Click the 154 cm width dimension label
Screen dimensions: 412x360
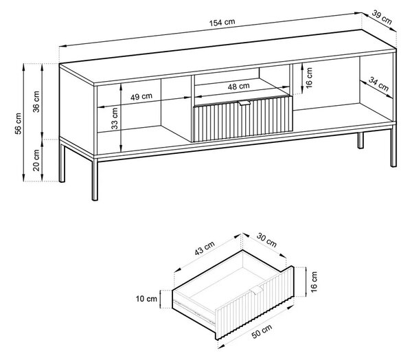coord(222,23)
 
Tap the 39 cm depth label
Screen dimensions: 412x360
coord(382,18)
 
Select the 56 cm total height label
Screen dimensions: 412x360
coord(18,124)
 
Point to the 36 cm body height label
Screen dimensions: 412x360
coord(36,102)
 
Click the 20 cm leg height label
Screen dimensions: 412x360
coord(36,160)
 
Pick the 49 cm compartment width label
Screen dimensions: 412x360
coord(141,96)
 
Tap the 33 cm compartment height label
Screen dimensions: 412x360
coord(115,119)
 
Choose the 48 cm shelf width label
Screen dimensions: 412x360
coord(238,87)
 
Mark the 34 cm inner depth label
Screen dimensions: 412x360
coord(378,84)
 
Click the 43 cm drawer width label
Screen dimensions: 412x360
coord(205,248)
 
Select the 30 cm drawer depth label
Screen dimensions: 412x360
coord(266,240)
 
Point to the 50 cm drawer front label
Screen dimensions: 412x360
coord(262,332)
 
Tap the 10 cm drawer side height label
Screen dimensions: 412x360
coord(146,299)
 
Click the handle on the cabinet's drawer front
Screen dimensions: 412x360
coord(244,103)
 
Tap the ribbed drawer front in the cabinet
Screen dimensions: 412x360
coord(243,119)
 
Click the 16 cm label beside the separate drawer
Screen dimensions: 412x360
coord(314,282)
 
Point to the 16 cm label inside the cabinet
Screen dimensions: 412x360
coord(309,78)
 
